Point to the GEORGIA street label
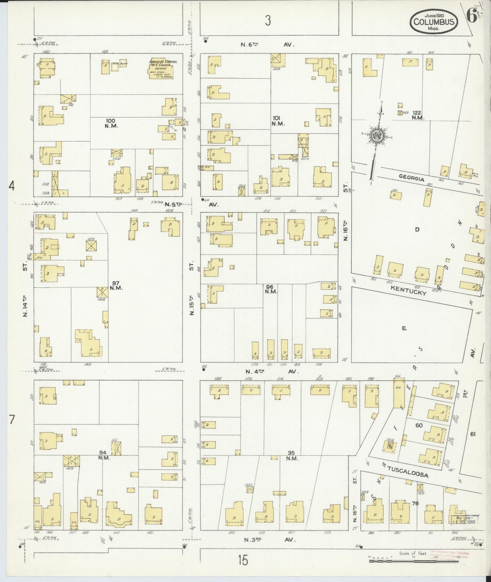click(411, 178)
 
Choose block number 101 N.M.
click(278, 121)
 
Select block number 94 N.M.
click(103, 455)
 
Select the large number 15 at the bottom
click(243, 560)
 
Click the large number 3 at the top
click(268, 21)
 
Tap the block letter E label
click(404, 328)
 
